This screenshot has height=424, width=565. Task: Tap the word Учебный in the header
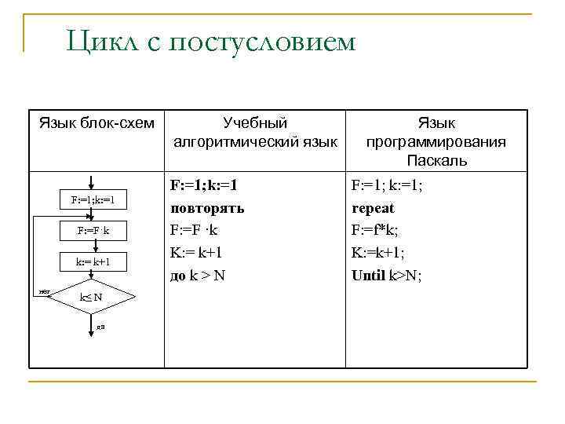(x=255, y=123)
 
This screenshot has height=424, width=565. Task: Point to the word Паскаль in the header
(x=436, y=161)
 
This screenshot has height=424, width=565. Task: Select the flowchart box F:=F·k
(x=93, y=231)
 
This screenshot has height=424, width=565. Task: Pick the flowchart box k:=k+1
(x=93, y=260)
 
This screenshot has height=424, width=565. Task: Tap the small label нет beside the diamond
(x=44, y=291)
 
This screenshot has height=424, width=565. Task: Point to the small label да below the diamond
(x=100, y=326)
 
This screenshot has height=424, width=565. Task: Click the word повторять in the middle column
(x=207, y=209)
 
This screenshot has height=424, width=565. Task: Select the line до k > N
(x=198, y=275)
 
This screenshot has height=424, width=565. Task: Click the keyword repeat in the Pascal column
(x=373, y=209)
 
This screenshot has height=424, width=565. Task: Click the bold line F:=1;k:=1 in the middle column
(x=204, y=186)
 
